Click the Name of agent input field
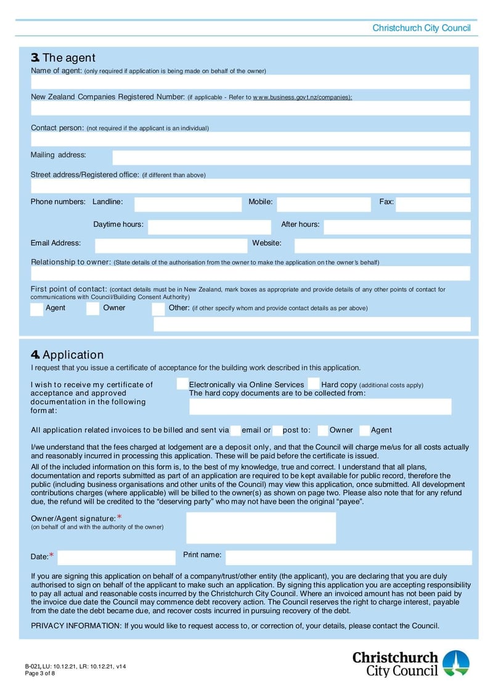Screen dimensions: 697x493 (x=250, y=82)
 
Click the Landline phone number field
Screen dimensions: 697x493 (x=188, y=205)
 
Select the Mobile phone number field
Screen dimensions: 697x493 (x=324, y=205)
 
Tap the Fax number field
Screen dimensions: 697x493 (x=433, y=205)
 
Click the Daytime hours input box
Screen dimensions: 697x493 (x=210, y=227)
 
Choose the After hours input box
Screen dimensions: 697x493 (x=397, y=227)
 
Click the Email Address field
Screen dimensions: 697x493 (x=171, y=246)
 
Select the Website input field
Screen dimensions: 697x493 (x=382, y=246)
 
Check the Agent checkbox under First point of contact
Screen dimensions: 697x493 (x=37, y=309)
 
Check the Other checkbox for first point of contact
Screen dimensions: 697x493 (x=158, y=309)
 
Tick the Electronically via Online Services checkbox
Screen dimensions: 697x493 (x=182, y=385)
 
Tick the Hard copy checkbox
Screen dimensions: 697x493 (x=313, y=385)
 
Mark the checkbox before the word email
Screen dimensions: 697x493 (x=235, y=430)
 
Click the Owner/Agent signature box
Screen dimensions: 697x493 (x=261, y=528)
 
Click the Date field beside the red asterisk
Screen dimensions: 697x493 (x=116, y=558)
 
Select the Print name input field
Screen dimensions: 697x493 (x=348, y=558)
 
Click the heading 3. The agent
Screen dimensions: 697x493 (x=63, y=58)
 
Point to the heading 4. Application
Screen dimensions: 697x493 (x=67, y=355)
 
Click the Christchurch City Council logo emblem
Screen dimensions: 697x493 (x=455, y=663)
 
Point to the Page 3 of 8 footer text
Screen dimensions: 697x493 (x=40, y=674)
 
